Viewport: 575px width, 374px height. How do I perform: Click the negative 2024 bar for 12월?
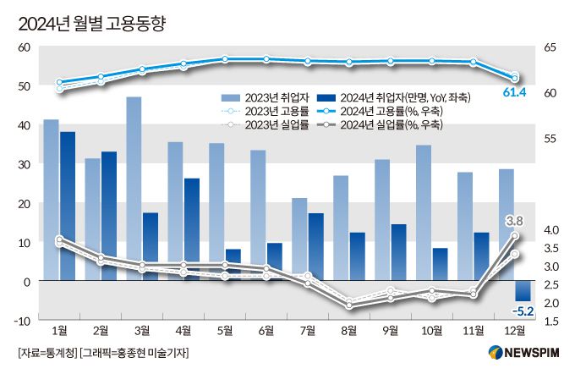pos(523,290)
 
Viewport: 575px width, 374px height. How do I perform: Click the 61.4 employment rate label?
pos(513,91)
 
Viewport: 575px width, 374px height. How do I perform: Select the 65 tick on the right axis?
pos(550,47)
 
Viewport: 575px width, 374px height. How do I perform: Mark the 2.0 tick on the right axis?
pos(550,302)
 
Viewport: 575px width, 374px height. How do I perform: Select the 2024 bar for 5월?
pos(233,265)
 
